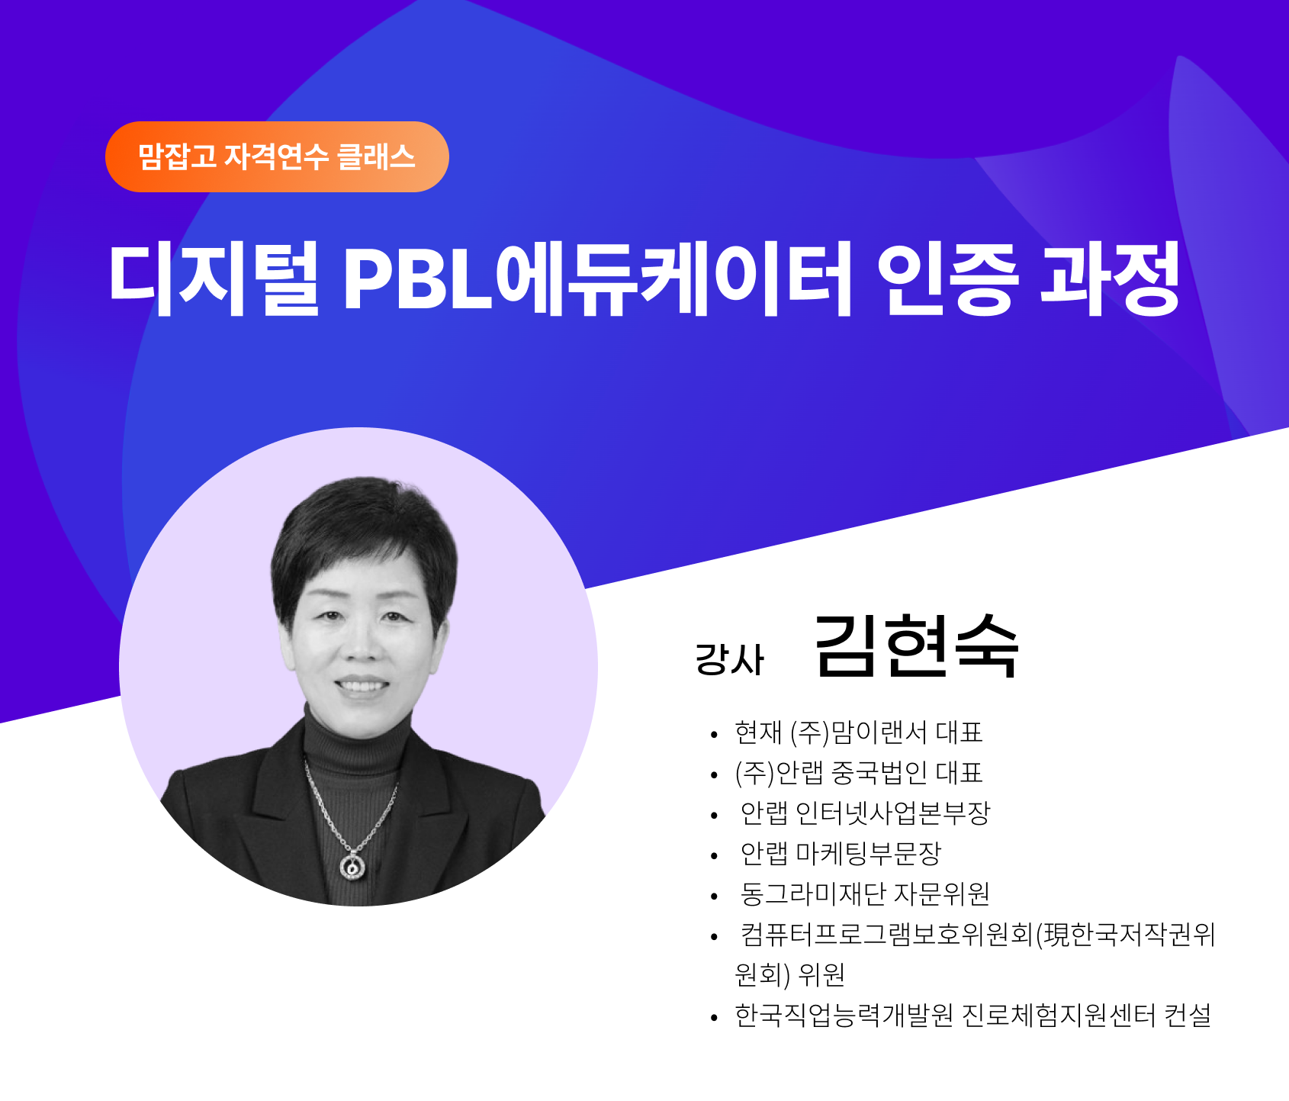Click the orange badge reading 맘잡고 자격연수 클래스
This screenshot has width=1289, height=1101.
point(277,156)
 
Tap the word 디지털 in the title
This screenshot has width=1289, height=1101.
point(214,279)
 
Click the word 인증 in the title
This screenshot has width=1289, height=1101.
point(947,279)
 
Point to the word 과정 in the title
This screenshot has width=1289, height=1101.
point(1111,279)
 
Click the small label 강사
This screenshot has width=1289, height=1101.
point(729,659)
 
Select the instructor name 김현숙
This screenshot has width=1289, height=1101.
point(917,645)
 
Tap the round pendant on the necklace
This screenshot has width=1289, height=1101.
point(352,866)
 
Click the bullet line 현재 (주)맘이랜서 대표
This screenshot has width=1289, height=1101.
point(859,732)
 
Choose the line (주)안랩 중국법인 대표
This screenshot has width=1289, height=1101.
point(859,773)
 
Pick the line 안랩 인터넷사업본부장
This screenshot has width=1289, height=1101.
point(866,813)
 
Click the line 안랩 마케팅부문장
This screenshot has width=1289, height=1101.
point(841,853)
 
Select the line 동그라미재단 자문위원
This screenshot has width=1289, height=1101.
point(866,893)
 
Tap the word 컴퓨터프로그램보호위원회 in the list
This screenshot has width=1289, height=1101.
point(887,934)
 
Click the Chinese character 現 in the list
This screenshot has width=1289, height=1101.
point(1056,934)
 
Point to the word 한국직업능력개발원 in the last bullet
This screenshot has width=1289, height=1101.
point(844,1015)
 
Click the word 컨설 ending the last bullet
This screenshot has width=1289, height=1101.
point(1188,1015)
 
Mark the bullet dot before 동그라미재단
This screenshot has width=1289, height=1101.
point(714,896)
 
